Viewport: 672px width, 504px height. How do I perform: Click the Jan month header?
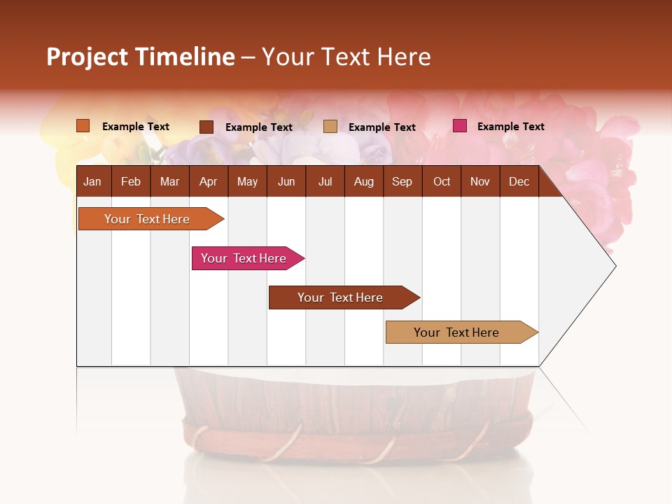[92, 182]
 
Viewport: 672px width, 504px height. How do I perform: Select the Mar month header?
[169, 182]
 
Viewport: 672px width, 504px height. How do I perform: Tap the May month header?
[247, 182]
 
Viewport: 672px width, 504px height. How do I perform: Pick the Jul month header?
[325, 182]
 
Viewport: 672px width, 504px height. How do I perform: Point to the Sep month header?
[402, 182]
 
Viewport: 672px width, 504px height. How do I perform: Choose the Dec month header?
[519, 182]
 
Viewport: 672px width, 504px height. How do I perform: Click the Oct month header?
[442, 182]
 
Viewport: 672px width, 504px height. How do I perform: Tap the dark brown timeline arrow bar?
[341, 297]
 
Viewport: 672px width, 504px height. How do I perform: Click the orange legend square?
[83, 126]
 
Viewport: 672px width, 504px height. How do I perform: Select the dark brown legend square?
[206, 127]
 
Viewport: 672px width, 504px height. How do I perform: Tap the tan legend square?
[330, 127]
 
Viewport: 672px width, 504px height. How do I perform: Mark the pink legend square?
[460, 126]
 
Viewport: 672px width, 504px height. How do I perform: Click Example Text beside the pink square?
[510, 127]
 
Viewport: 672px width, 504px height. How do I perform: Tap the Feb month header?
[131, 182]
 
